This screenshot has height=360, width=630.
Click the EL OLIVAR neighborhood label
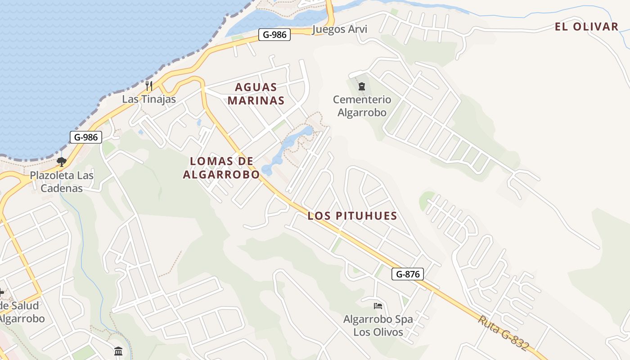(x=586, y=27)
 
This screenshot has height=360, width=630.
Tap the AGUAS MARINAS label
(x=256, y=94)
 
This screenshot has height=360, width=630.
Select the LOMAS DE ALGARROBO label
(x=221, y=167)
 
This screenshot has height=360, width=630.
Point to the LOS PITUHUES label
(x=352, y=216)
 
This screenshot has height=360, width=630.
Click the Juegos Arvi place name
(x=339, y=30)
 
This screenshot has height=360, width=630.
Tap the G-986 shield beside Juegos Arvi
(x=274, y=34)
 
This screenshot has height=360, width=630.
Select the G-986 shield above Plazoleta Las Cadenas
(x=85, y=137)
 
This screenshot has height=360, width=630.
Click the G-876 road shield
(x=407, y=274)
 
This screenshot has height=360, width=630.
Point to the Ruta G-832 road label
(x=503, y=333)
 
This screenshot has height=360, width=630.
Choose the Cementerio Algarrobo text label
(x=362, y=106)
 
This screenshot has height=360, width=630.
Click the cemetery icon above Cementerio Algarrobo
(x=361, y=86)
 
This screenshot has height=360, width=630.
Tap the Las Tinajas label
(x=149, y=99)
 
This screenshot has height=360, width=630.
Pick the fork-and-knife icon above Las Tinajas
(x=149, y=85)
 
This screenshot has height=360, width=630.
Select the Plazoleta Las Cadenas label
(x=62, y=182)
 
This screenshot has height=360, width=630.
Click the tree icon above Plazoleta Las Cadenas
(x=62, y=162)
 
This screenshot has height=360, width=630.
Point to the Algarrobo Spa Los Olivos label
(x=378, y=326)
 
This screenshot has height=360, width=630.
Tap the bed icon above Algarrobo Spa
(x=378, y=306)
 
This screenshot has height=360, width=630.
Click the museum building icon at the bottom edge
(x=118, y=351)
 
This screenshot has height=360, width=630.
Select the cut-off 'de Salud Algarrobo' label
(x=21, y=312)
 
